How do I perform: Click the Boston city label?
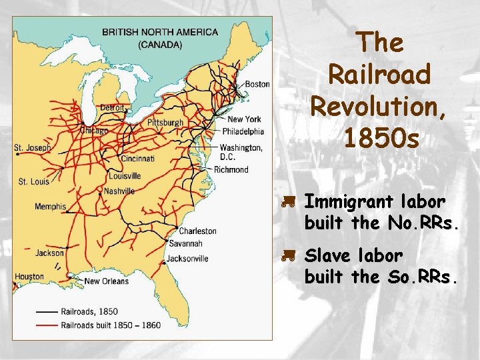click(257, 84)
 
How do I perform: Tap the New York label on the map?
click(244, 119)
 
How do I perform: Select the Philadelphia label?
click(243, 131)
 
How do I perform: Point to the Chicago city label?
click(93, 131)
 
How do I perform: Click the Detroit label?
click(113, 107)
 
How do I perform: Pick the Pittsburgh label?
click(165, 123)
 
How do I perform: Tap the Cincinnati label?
click(138, 159)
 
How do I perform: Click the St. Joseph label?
click(32, 147)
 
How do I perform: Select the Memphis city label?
click(51, 206)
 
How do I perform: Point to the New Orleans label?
click(105, 281)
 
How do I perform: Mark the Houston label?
click(29, 276)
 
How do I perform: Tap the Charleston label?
click(198, 231)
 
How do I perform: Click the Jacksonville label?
click(188, 259)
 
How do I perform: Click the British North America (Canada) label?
click(160, 38)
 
